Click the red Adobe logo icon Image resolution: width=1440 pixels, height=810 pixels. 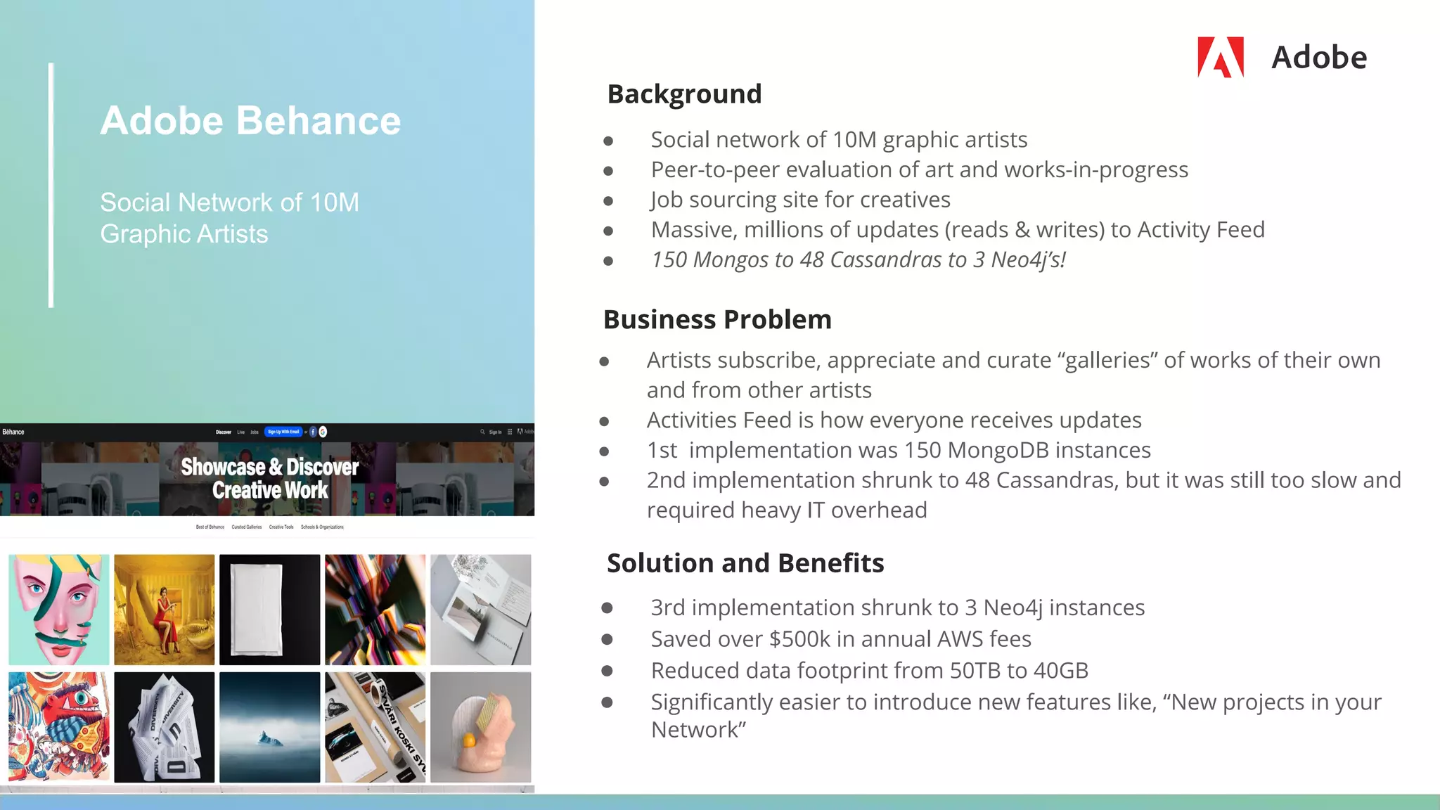pyautogui.click(x=1220, y=57)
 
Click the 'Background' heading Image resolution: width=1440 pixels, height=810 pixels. pyautogui.click(x=684, y=94)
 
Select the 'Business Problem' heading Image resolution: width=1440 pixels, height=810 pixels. pyautogui.click(x=717, y=320)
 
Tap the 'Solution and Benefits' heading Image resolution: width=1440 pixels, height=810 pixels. pyautogui.click(x=745, y=563)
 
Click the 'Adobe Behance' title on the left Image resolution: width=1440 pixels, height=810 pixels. pyautogui.click(x=250, y=120)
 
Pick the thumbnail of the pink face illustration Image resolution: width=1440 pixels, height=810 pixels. pyautogui.click(x=59, y=610)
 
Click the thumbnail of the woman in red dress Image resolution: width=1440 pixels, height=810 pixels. pyautogui.click(x=165, y=610)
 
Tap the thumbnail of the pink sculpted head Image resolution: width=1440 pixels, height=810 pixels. pyautogui.click(x=481, y=727)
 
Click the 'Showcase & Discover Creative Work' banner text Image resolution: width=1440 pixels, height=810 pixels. pyautogui.click(x=270, y=478)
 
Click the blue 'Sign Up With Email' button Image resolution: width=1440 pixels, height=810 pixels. pyautogui.click(x=283, y=432)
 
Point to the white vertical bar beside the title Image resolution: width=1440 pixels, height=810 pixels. pyautogui.click(x=51, y=185)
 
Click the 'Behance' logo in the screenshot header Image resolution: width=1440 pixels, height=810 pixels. pyautogui.click(x=13, y=432)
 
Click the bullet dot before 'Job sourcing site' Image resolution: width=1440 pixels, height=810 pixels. pyautogui.click(x=608, y=201)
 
